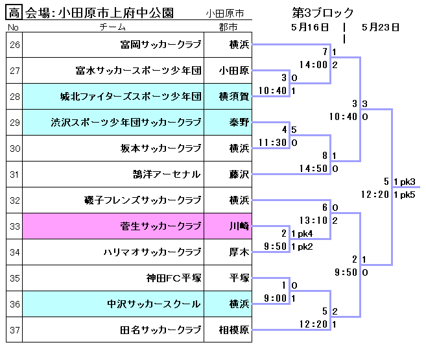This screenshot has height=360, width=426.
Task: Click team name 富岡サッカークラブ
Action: click(x=161, y=45)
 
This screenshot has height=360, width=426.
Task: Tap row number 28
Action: click(x=15, y=97)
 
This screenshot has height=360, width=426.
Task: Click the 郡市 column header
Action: click(x=228, y=27)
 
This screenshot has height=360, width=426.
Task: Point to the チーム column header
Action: click(x=113, y=27)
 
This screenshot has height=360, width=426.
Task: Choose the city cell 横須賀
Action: click(x=228, y=97)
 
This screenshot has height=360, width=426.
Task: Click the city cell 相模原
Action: click(x=228, y=330)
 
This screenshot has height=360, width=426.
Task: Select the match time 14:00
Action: click(x=314, y=65)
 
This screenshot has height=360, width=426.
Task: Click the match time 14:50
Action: click(x=314, y=169)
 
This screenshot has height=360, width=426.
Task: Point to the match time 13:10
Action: click(x=314, y=221)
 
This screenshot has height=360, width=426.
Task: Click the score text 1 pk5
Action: click(x=404, y=195)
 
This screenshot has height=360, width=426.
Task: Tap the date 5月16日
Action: click(x=310, y=27)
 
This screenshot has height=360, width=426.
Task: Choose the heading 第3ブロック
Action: click(x=324, y=12)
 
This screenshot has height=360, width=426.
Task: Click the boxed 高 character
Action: click(x=15, y=12)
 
